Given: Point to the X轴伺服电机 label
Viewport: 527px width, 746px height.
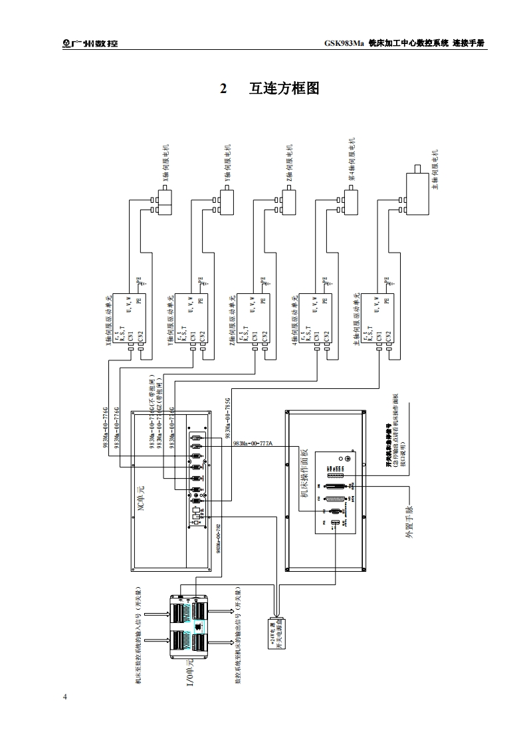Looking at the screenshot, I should (165, 164).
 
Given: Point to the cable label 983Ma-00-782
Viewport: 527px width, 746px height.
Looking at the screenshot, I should (218, 538).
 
